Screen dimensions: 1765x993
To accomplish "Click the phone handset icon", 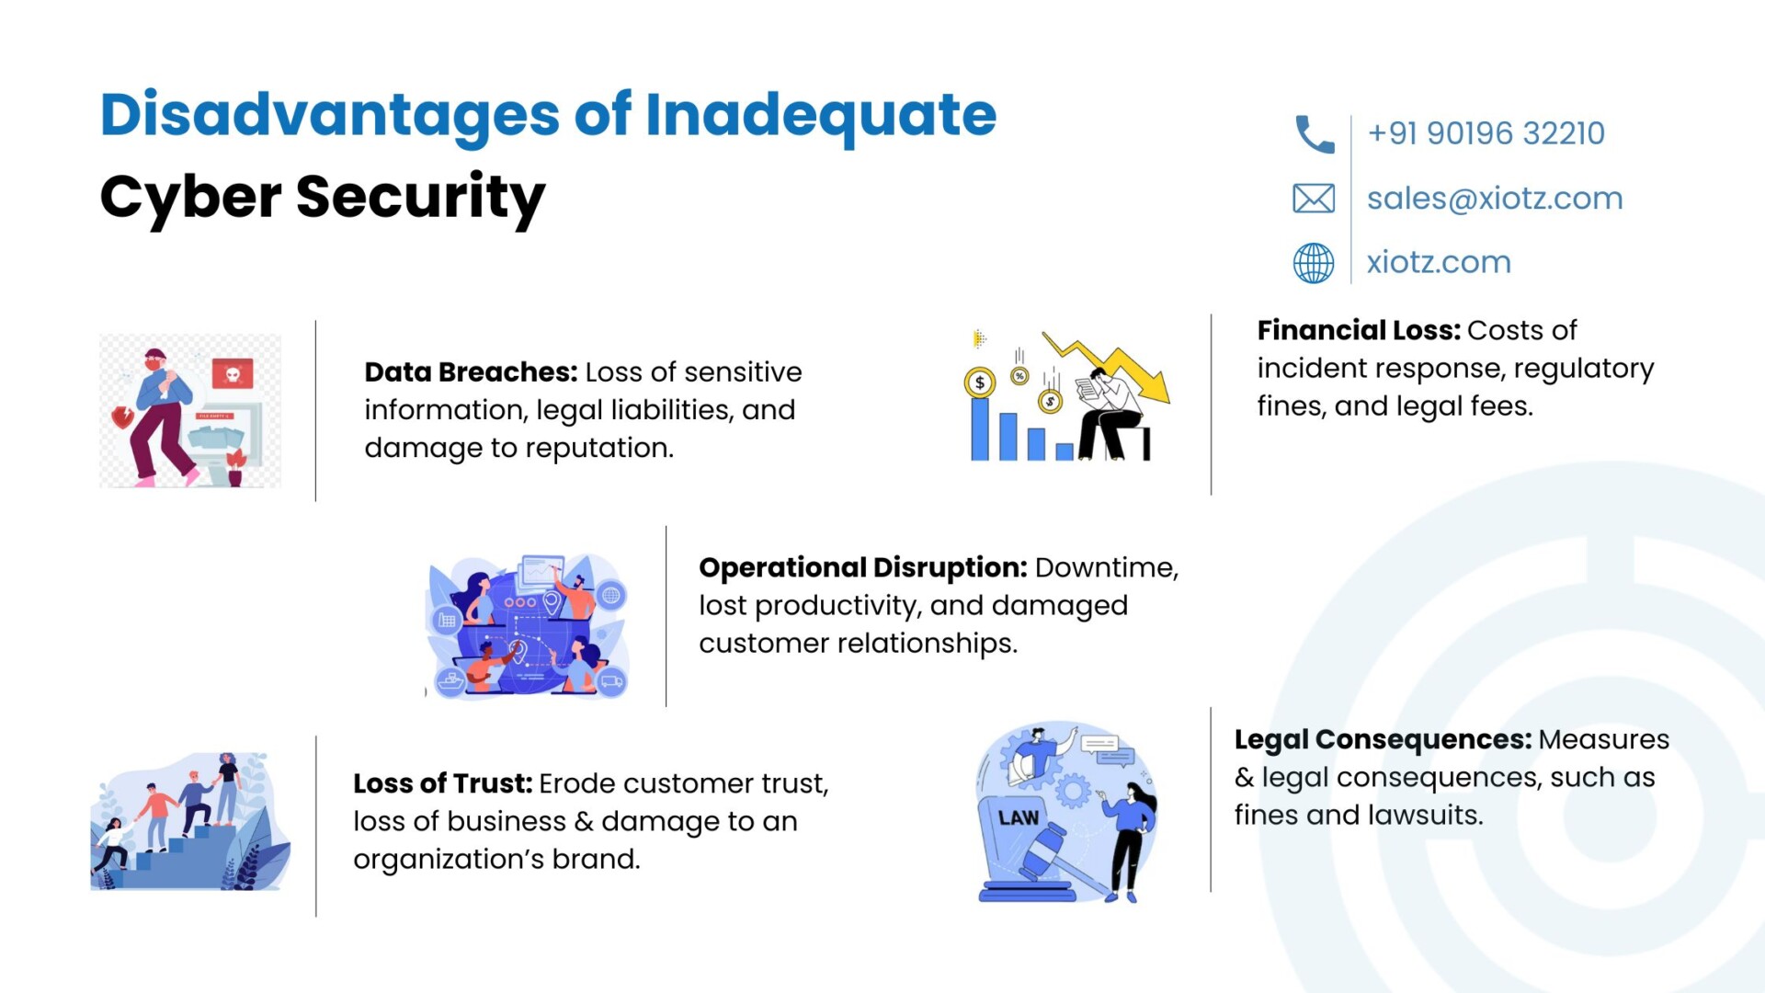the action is [x=1314, y=134].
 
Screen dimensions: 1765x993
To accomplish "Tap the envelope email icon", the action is [x=1314, y=199].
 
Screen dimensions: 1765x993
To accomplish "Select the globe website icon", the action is [x=1314, y=263].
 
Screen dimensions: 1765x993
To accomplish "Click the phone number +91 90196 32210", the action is [x=1486, y=133].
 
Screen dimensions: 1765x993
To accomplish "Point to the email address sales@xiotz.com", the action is [x=1495, y=199].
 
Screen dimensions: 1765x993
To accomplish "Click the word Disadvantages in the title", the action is [x=330, y=116].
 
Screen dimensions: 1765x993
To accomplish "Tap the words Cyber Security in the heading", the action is [x=323, y=198].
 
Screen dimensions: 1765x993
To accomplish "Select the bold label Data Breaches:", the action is [x=471, y=372].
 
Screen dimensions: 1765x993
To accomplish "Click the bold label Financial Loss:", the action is [x=1359, y=330].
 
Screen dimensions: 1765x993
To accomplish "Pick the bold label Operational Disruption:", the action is [x=863, y=568].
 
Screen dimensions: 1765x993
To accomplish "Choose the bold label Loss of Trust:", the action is [x=443, y=783].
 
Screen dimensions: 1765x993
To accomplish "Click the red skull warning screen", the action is [x=233, y=374].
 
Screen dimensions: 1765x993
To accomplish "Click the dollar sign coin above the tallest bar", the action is [x=980, y=382].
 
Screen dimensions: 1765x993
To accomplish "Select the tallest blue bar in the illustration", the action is [x=980, y=428].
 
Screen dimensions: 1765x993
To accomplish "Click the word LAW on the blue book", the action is [x=1019, y=818].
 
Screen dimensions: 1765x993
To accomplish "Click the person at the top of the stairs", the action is [x=227, y=789].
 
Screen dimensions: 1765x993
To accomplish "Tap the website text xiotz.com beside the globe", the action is [x=1439, y=263].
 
